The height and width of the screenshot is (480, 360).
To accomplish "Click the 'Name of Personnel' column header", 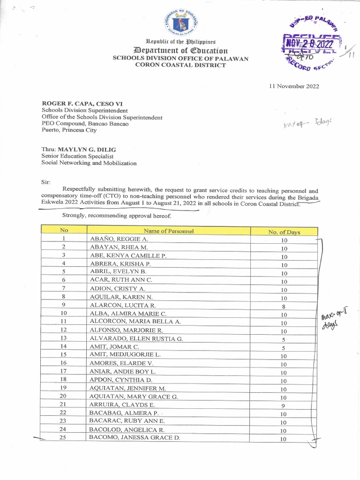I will tap(169, 231).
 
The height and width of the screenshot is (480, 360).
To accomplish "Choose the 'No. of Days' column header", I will tap(284, 232).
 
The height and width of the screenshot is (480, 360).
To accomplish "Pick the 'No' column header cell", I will tap(64, 230).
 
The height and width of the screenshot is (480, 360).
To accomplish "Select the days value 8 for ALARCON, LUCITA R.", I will tap(284, 307).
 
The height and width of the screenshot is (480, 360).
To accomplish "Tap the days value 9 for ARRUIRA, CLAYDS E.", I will tap(284, 406).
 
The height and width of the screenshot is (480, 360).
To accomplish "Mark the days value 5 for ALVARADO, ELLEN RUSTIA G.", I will tap(284, 340).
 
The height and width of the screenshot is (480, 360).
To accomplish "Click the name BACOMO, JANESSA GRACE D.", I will tap(135, 438).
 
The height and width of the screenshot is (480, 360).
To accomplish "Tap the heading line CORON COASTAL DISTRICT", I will tap(180, 65).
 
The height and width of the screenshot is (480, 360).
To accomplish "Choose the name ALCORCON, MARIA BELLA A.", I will tap(135, 322).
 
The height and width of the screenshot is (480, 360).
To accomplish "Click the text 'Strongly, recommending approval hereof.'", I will tap(117, 216).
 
